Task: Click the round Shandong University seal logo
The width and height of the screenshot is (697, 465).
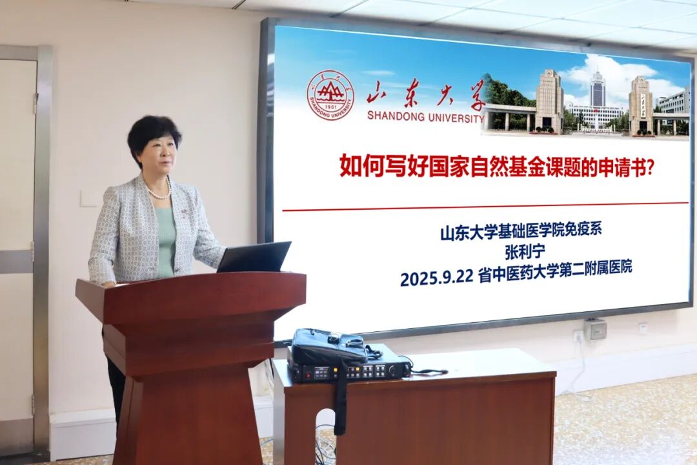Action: point(330,95)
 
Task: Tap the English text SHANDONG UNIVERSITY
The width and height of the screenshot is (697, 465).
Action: point(425,117)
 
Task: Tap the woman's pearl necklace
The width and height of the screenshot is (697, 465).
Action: point(159,192)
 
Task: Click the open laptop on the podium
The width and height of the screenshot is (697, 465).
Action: point(254,257)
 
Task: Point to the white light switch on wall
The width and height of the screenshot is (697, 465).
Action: point(88,198)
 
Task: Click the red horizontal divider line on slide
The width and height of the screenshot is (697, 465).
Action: point(485,207)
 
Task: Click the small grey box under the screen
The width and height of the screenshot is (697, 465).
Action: point(595,329)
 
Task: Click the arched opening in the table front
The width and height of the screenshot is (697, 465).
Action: point(325,437)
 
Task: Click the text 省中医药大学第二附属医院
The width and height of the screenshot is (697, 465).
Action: point(555,269)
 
